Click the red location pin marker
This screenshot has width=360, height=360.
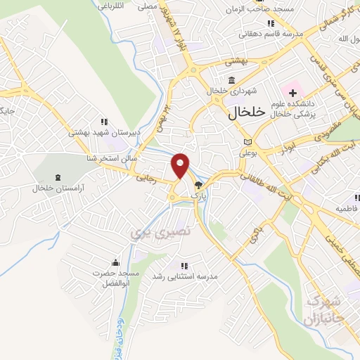coord(181,165)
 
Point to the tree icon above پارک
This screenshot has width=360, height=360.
coord(198,185)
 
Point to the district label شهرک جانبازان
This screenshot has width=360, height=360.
coord(323,310)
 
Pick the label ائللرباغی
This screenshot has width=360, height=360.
coord(128,6)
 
